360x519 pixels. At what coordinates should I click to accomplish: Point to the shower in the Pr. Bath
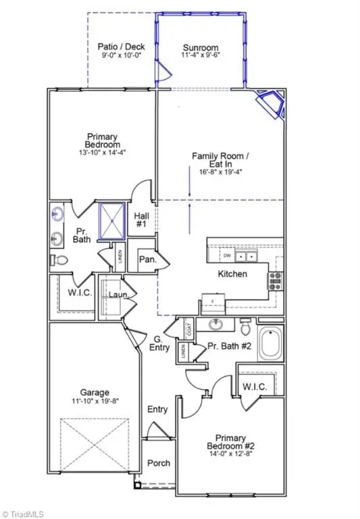pos(111,221)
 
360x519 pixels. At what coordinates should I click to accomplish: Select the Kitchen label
pos(232,274)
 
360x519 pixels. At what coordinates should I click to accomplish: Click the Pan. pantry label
pos(147,259)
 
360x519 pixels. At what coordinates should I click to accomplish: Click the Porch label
pos(159,463)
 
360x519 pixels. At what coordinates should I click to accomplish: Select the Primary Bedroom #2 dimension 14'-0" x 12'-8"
pos(229,454)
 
